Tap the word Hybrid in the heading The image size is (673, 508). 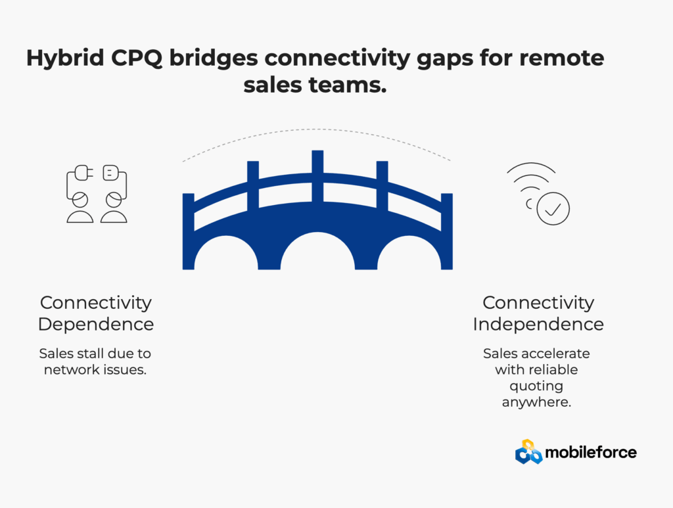[x=65, y=58]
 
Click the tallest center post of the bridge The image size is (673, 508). [x=317, y=177]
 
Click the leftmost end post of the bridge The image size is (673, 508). [x=189, y=232]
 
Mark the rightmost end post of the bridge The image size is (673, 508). [x=447, y=232]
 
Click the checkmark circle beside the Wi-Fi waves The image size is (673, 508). [x=553, y=208]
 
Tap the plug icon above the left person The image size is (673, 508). [x=83, y=173]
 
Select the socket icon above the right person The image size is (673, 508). [x=110, y=173]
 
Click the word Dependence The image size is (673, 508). [x=96, y=325]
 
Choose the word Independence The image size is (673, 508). [x=538, y=325]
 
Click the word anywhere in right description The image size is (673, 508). [x=536, y=402]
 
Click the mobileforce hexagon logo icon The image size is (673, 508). [x=529, y=451]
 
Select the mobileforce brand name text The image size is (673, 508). [x=591, y=452]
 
